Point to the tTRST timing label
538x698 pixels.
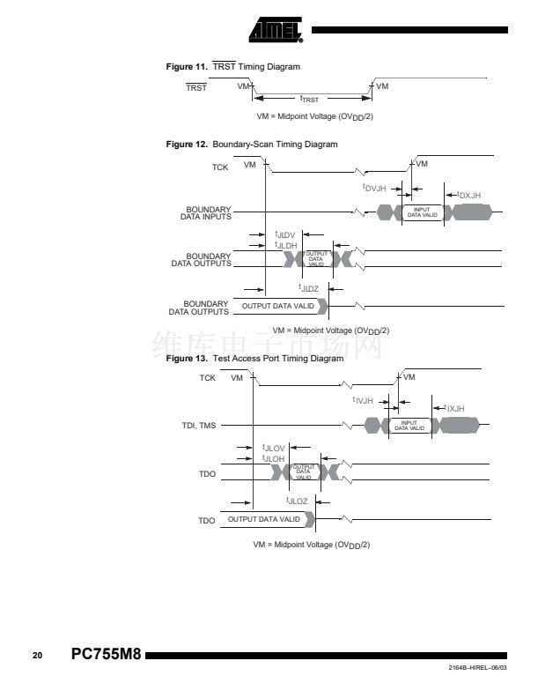tap(309, 100)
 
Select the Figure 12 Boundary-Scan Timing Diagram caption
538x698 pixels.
tap(252, 145)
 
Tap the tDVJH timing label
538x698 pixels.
tap(375, 188)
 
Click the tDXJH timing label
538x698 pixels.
tap(469, 195)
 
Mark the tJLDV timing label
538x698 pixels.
tap(286, 234)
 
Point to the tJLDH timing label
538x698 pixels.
tap(286, 245)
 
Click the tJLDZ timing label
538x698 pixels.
tap(309, 288)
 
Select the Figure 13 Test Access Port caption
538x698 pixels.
tap(254, 359)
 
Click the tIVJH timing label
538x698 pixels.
tap(364, 400)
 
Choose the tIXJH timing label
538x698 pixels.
tap(454, 408)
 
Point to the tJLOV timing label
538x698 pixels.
tap(274, 449)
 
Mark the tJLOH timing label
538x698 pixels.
tap(274, 459)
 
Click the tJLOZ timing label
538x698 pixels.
tap(297, 501)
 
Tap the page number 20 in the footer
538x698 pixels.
tap(37, 657)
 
